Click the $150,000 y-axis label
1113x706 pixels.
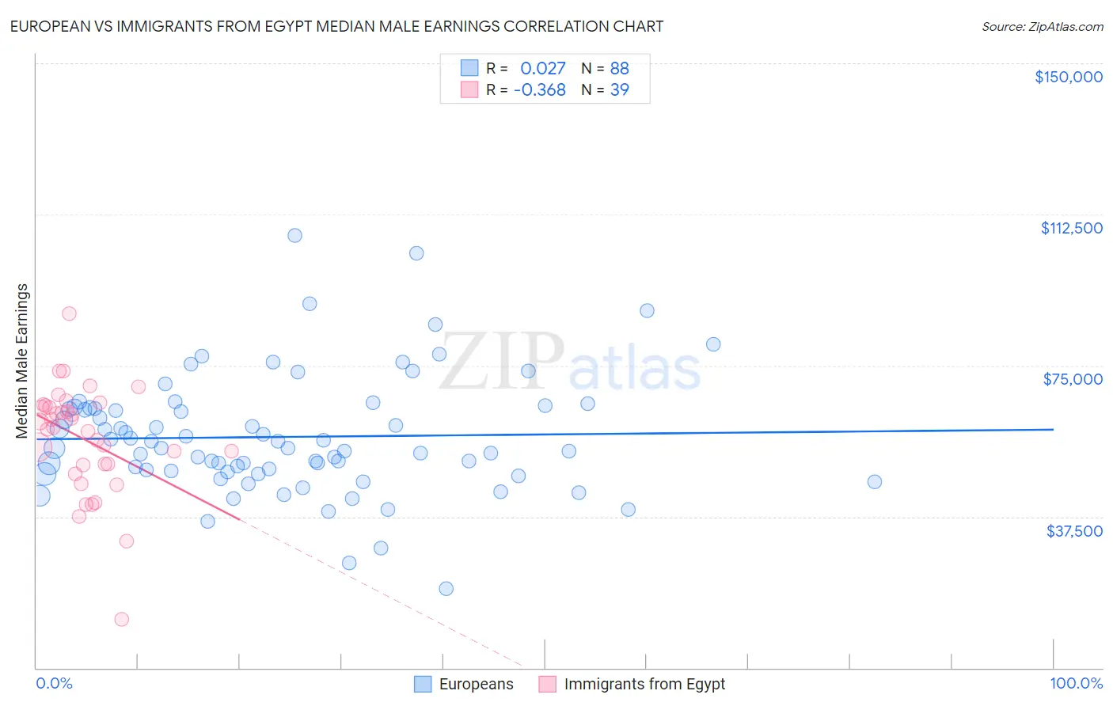pyautogui.click(x=1068, y=77)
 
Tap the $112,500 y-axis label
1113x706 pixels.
pyautogui.click(x=1071, y=228)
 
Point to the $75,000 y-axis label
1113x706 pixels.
pyautogui.click(x=1073, y=379)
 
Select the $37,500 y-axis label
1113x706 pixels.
pyautogui.click(x=1074, y=531)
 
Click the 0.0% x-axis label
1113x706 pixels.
pyautogui.click(x=54, y=683)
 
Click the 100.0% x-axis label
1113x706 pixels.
pyautogui.click(x=1076, y=683)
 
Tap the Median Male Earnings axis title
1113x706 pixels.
pyautogui.click(x=22, y=360)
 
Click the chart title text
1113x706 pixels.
pyautogui.click(x=336, y=26)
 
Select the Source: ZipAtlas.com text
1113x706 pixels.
pyautogui.click(x=1042, y=26)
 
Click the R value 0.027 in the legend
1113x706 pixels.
pyautogui.click(x=542, y=68)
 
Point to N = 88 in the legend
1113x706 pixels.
pyautogui.click(x=605, y=68)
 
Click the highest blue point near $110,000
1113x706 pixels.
pyautogui.click(x=294, y=235)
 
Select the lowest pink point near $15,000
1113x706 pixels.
pyautogui.click(x=122, y=619)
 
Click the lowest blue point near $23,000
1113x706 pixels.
pyautogui.click(x=446, y=588)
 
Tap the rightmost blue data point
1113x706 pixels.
pyautogui.click(x=874, y=481)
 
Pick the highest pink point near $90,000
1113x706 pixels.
pyautogui.click(x=70, y=313)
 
